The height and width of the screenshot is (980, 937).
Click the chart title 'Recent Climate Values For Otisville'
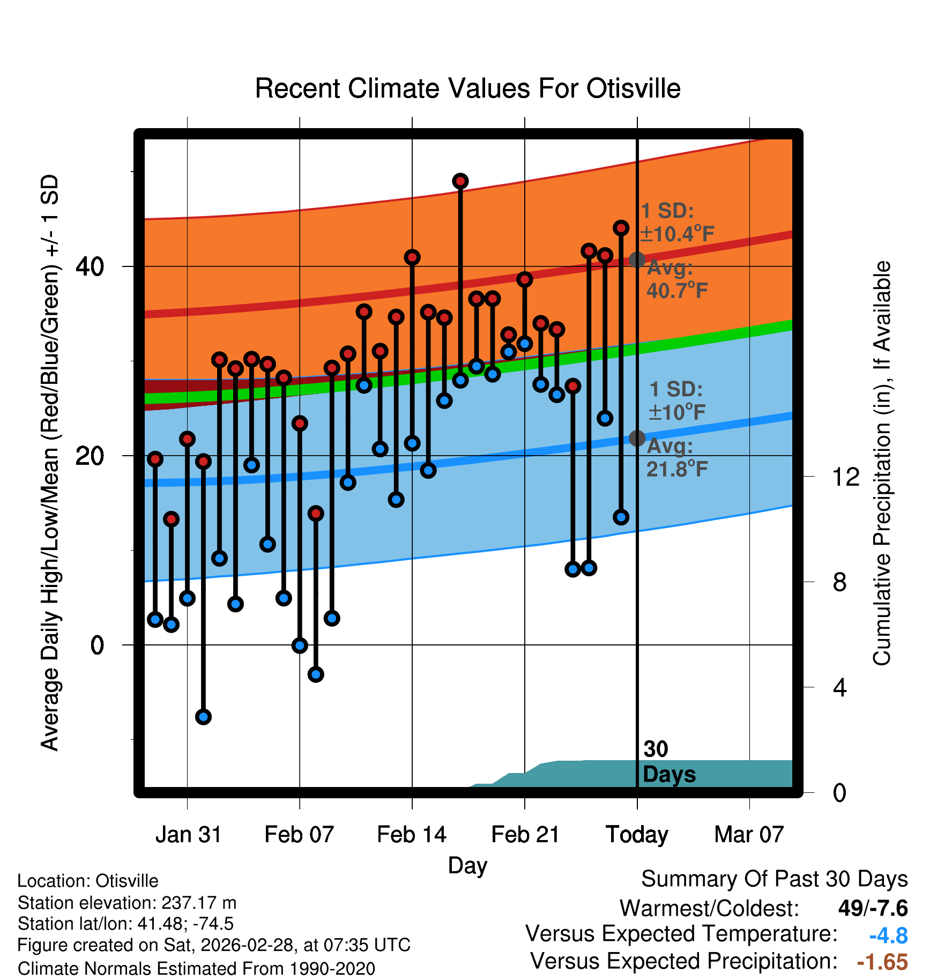(467, 88)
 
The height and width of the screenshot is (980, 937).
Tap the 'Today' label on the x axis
(637, 835)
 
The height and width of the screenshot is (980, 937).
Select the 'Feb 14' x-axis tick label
(412, 835)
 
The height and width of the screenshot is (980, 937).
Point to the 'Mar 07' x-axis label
(749, 835)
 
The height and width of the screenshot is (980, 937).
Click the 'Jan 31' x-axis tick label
(188, 835)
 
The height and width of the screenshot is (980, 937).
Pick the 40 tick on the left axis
(90, 266)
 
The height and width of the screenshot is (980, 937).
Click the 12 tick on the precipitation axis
(846, 477)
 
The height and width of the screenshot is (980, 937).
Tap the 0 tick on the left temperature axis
(97, 645)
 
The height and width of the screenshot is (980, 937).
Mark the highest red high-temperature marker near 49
(460, 181)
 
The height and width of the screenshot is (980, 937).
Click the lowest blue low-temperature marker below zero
(203, 716)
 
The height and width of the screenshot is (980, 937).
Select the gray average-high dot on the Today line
(637, 260)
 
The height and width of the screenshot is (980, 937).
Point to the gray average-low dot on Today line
(637, 438)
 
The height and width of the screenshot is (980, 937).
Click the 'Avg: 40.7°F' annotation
(677, 279)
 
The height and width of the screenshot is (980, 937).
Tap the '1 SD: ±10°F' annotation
(676, 400)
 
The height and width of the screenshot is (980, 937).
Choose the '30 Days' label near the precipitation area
(668, 762)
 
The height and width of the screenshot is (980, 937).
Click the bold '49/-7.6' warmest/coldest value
(873, 908)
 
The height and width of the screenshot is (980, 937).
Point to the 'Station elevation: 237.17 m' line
(127, 903)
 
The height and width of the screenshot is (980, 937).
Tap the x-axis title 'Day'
(467, 865)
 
